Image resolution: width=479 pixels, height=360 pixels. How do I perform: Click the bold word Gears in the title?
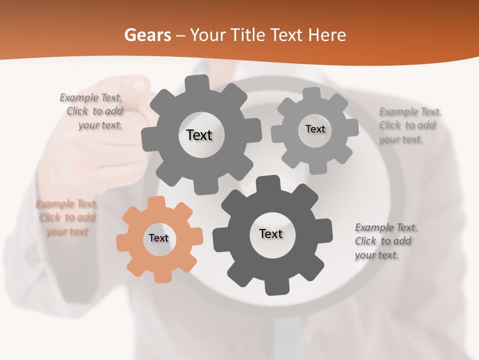tap(147, 35)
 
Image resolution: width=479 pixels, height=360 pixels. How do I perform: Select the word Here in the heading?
tap(328, 35)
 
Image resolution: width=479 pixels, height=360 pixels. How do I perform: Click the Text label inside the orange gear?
tap(159, 238)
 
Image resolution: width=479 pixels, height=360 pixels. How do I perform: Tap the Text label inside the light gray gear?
tap(315, 129)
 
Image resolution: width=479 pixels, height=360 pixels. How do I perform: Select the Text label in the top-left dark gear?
tap(199, 135)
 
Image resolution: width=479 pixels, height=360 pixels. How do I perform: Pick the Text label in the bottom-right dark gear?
tap(271, 233)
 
